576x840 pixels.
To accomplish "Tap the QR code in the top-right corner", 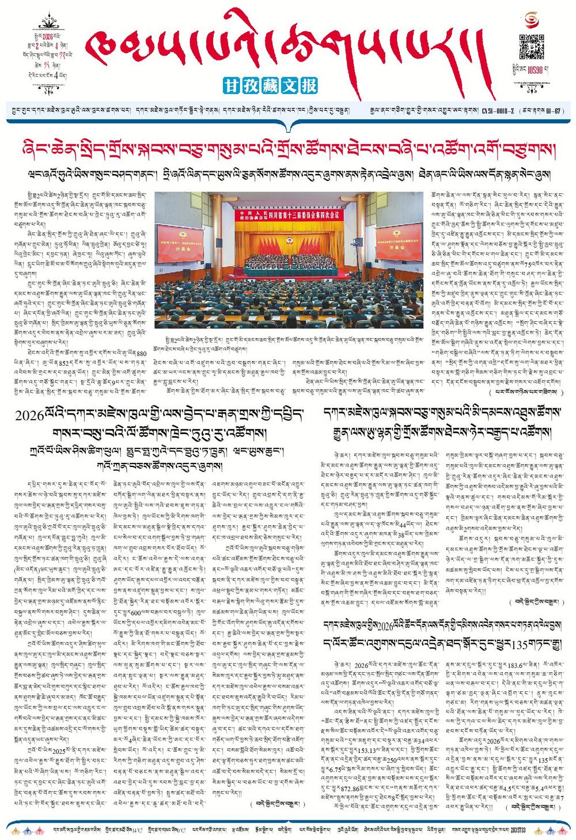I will coord(532,47).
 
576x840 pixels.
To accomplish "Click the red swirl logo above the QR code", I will coord(532,21).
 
